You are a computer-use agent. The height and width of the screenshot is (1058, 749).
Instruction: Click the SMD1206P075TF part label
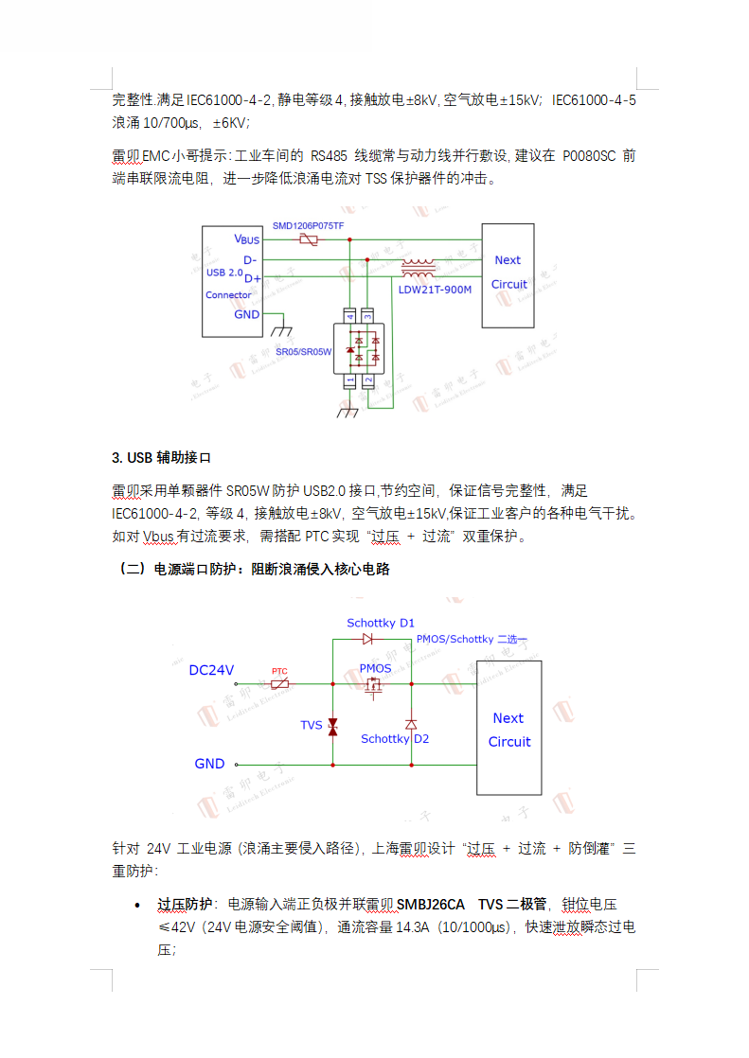click(x=308, y=226)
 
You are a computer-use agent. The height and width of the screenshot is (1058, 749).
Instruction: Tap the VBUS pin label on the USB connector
click(x=247, y=240)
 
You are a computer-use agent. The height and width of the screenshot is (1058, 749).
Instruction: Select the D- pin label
click(x=250, y=259)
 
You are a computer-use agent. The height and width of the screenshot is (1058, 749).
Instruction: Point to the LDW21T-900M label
click(x=435, y=290)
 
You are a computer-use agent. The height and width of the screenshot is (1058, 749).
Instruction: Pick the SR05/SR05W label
click(x=303, y=351)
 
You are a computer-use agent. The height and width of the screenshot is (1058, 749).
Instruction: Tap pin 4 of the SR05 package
click(x=350, y=315)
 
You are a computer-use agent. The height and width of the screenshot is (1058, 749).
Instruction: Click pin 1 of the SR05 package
click(x=350, y=380)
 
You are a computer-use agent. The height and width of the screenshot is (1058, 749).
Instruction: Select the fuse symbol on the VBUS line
click(x=309, y=240)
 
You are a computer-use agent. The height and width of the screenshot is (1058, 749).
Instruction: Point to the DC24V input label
click(x=211, y=670)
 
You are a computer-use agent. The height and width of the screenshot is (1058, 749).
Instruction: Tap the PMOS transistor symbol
click(x=375, y=686)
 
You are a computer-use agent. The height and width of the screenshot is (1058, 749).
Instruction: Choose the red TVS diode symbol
click(x=332, y=726)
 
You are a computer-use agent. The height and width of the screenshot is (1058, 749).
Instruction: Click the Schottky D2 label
click(x=394, y=738)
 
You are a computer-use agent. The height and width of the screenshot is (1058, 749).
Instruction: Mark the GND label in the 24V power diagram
click(x=209, y=764)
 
